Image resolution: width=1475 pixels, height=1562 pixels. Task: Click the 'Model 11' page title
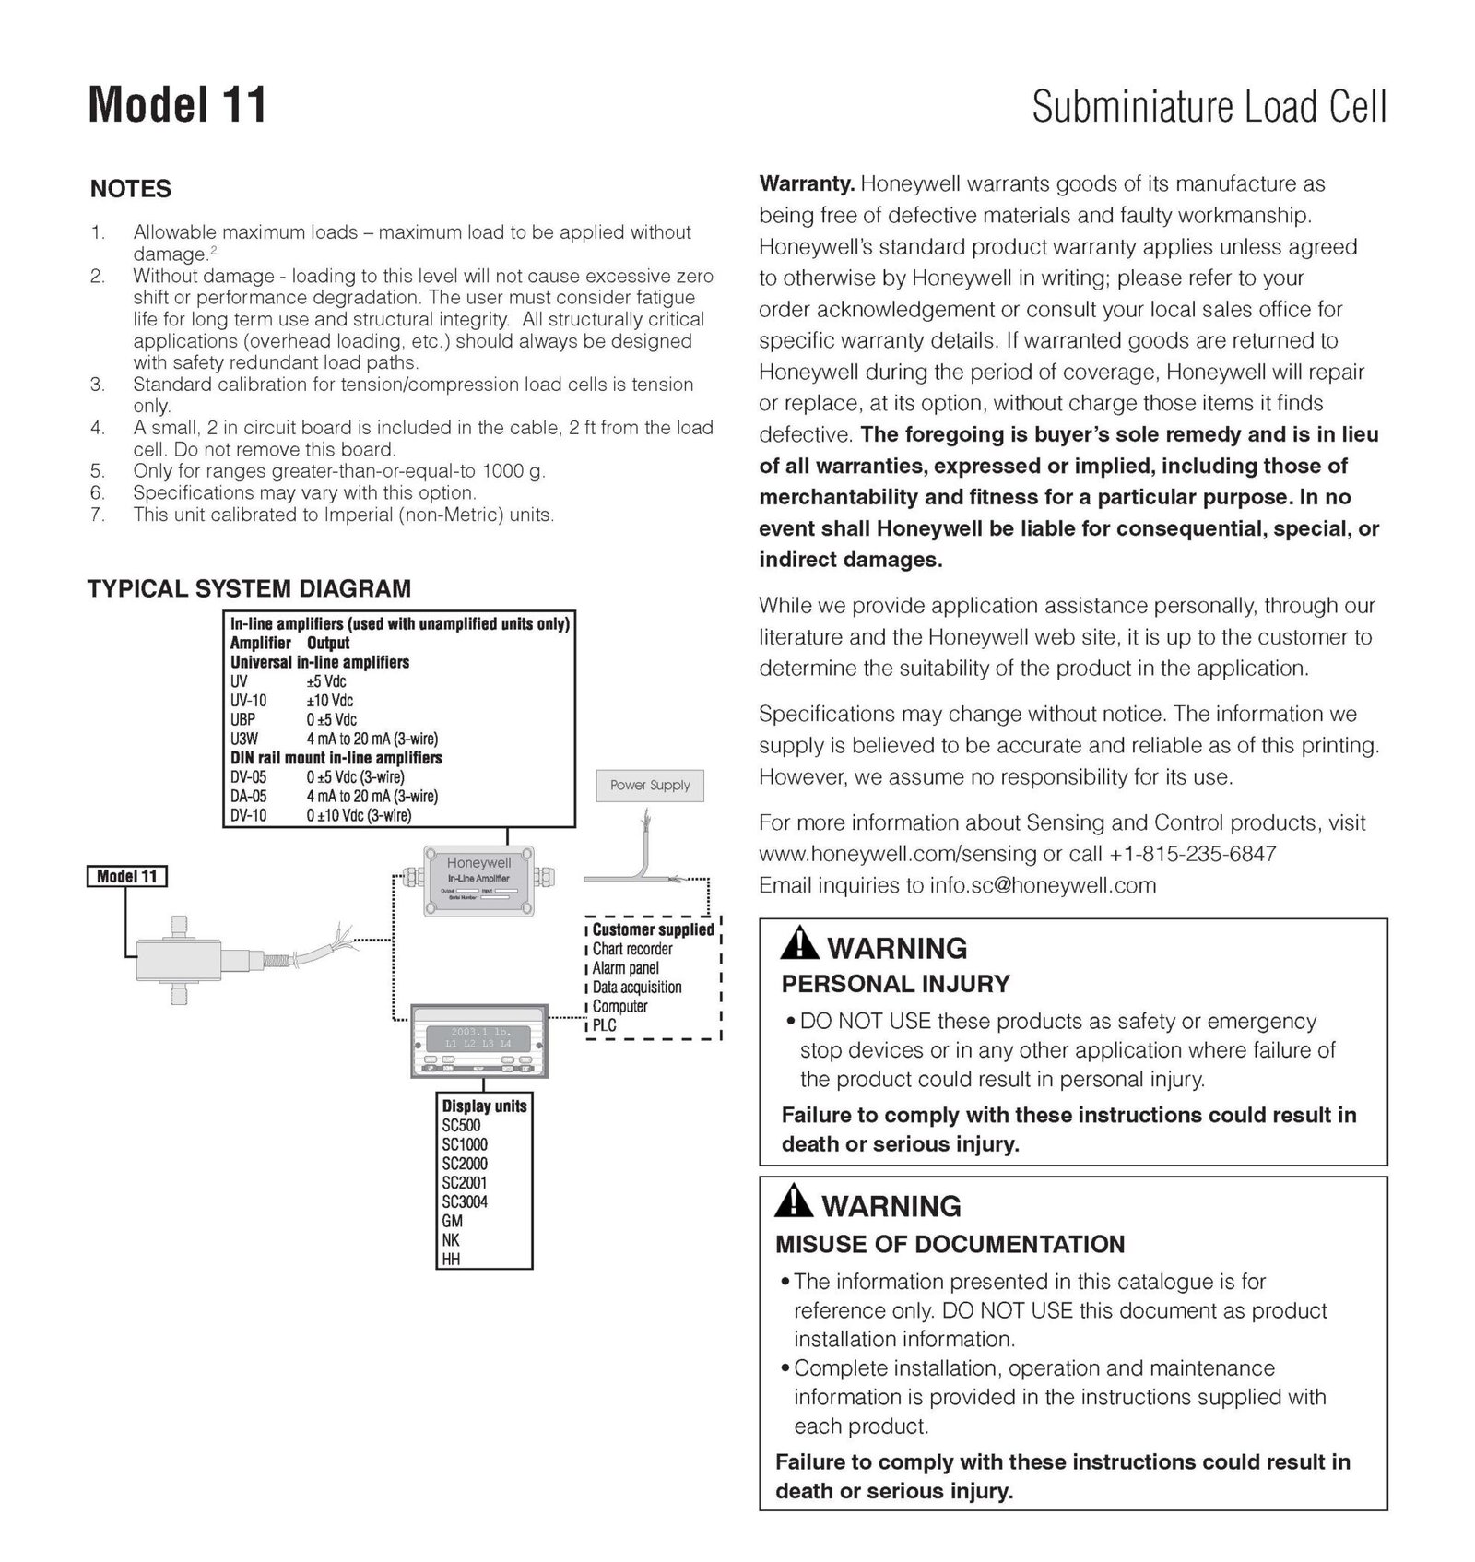177,104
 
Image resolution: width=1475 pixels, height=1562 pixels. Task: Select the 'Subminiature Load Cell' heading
1209,107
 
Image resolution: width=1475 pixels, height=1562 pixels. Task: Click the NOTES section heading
131,189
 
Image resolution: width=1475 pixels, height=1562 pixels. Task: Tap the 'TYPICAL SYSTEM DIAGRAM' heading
249,588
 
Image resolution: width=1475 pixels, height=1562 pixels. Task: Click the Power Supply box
650,786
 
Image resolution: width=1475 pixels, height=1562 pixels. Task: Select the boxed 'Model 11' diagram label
127,876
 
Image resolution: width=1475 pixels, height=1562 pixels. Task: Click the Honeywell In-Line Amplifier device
478,881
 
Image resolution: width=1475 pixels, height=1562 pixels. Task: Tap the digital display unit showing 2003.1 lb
478,1041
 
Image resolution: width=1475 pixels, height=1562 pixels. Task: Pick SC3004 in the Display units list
465,1201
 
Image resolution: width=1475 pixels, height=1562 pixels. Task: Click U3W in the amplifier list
244,739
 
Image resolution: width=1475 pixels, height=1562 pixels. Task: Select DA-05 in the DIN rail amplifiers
248,796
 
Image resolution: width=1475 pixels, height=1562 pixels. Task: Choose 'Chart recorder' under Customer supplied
631,949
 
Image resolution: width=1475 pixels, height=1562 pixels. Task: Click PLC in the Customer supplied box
604,1024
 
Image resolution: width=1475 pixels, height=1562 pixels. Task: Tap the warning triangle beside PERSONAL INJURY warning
798,944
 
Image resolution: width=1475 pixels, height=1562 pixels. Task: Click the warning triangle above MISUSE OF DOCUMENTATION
793,1202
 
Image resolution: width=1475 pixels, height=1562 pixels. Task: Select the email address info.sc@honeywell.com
1043,885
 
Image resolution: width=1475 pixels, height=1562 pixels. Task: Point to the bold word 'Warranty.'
807,183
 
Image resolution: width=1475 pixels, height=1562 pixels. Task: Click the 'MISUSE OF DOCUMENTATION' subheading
950,1244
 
